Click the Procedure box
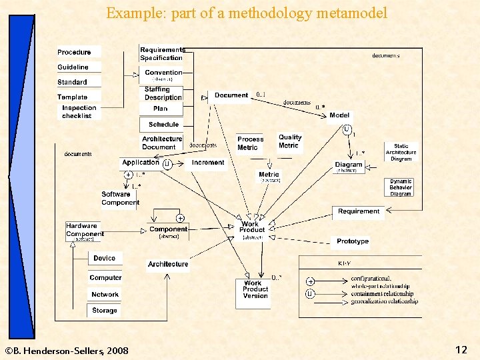75,52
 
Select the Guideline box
73,67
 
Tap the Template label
73,97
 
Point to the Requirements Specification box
161,54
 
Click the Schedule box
163,125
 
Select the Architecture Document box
162,143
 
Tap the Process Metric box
251,143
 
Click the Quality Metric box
290,141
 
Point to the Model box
339,115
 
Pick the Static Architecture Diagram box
401,153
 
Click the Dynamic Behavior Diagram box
401,187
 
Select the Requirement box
358,212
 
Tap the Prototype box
353,241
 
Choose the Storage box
105,311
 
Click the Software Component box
120,199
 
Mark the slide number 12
461,349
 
